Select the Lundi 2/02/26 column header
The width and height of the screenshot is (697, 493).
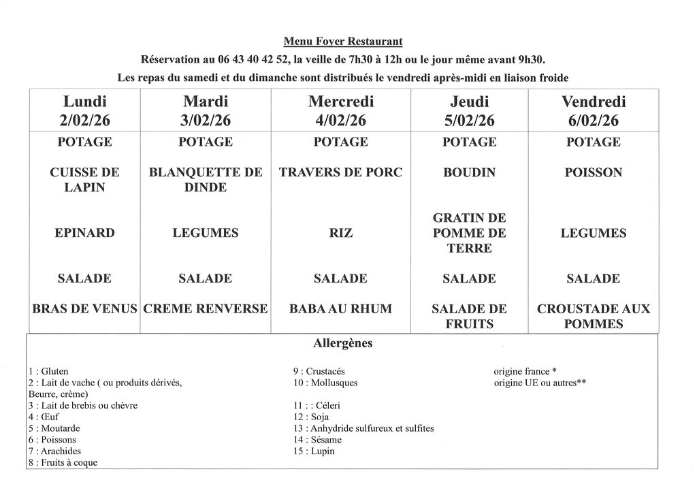click(x=85, y=111)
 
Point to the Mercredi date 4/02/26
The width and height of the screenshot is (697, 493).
click(x=340, y=121)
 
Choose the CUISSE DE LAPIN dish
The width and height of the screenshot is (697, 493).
click(x=85, y=180)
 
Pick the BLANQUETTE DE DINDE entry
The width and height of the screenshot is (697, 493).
click(x=205, y=180)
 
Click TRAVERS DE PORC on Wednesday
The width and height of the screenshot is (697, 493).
click(x=340, y=172)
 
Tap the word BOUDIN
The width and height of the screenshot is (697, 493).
click(x=469, y=172)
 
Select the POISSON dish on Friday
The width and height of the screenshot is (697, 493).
click(x=593, y=172)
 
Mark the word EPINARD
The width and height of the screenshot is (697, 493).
click(x=85, y=233)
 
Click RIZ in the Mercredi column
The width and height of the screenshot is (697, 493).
click(x=340, y=233)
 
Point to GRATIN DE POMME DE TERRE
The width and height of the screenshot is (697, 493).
click(x=469, y=233)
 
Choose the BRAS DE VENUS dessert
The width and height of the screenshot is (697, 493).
click(x=85, y=308)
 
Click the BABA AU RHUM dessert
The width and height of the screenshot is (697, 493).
click(x=340, y=308)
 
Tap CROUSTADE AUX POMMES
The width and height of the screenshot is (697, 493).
click(x=593, y=316)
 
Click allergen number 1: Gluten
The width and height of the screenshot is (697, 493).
click(x=48, y=372)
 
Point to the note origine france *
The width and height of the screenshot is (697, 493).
click(x=525, y=372)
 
